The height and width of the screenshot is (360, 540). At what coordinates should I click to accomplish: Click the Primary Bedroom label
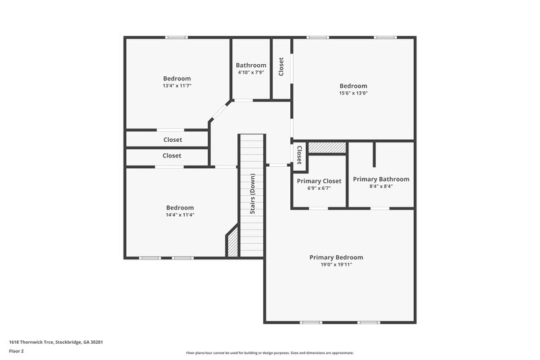tap(336, 257)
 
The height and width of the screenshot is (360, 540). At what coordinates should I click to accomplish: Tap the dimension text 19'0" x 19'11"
tap(336, 265)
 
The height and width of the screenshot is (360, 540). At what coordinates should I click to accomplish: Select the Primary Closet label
tap(319, 181)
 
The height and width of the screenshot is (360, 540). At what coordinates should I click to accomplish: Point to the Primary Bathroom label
tap(381, 179)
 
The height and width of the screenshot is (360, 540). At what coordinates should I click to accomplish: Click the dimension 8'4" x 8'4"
tap(381, 186)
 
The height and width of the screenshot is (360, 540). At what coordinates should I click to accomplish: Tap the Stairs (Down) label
tap(252, 195)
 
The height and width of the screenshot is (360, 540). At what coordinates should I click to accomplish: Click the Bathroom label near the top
tap(250, 65)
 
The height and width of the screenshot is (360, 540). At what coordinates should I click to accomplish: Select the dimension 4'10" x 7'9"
tap(250, 72)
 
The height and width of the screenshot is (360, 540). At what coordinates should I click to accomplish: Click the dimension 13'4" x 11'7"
tap(177, 86)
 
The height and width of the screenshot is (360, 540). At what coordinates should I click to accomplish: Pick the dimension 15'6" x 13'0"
tap(353, 93)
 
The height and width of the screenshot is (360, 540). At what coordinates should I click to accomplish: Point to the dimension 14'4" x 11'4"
tap(180, 215)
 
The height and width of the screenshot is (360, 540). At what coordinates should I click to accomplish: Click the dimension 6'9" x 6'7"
tap(319, 188)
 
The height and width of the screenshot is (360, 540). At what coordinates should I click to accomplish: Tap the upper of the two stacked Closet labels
tap(173, 140)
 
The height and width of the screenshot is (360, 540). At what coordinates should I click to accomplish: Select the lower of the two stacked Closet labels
tap(172, 155)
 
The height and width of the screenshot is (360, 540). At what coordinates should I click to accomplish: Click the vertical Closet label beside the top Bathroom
tap(281, 66)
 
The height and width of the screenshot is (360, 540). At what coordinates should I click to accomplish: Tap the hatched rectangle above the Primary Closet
tap(327, 147)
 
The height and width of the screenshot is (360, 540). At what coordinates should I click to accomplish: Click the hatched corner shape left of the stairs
tap(232, 242)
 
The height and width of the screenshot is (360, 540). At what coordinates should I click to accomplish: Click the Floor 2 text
tap(16, 352)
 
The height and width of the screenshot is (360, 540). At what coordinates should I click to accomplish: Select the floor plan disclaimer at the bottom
tap(269, 353)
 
